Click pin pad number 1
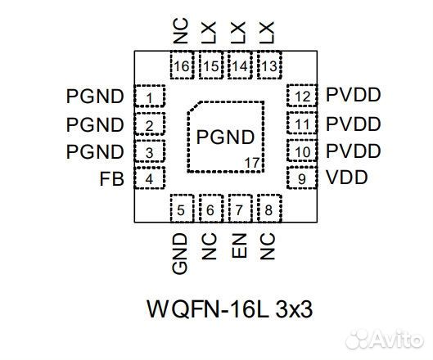[150, 96]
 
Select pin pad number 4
[150, 178]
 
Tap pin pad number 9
[302, 178]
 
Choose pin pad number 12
[302, 96]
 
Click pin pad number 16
[182, 65]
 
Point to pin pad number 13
[269, 65]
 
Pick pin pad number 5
[182, 209]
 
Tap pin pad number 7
[241, 209]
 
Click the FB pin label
[112, 178]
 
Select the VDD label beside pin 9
[347, 178]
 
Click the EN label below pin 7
[239, 245]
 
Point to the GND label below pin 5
[180, 254]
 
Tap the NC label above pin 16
[181, 31]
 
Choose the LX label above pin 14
[238, 32]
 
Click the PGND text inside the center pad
[225, 137]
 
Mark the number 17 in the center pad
[252, 163]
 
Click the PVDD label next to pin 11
[354, 124]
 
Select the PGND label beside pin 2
[95, 125]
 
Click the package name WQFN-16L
[208, 309]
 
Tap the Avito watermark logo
[385, 339]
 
